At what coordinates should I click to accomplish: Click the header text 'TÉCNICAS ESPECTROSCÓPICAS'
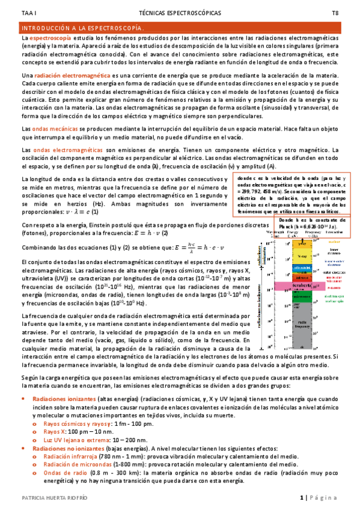coord(180,12)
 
